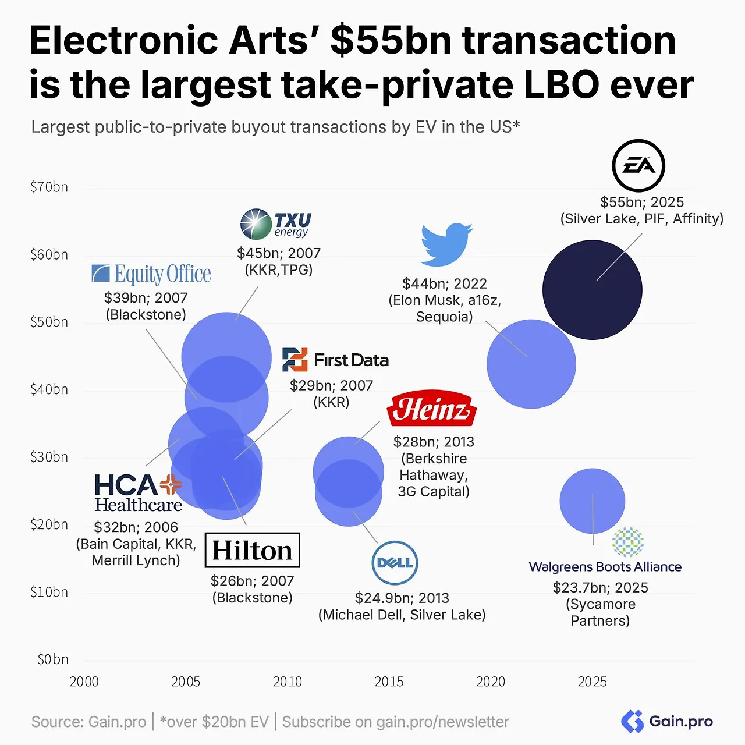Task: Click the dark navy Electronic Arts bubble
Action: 593,290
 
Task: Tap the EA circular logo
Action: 638,166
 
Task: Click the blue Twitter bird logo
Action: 446,243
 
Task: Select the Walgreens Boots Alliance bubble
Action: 592,501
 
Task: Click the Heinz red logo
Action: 432,409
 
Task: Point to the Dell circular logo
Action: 395,563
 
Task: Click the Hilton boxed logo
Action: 253,550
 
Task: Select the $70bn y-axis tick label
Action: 49,187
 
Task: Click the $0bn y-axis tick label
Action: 52,659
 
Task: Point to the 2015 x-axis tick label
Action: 389,682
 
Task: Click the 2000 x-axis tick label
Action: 84,682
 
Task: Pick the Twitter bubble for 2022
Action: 531,364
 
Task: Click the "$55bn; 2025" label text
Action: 642,203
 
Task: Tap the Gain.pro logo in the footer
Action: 667,722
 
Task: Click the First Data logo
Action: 335,360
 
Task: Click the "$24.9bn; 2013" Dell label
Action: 402,598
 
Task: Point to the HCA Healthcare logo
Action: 139,492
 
